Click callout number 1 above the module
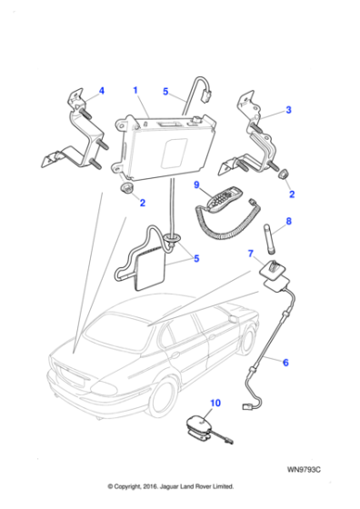coord(135,91)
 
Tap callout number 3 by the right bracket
coord(288,110)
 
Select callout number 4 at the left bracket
coord(101,91)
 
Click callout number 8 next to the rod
coord(288,221)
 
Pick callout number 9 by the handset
coord(195,185)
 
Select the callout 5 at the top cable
coord(165,91)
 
